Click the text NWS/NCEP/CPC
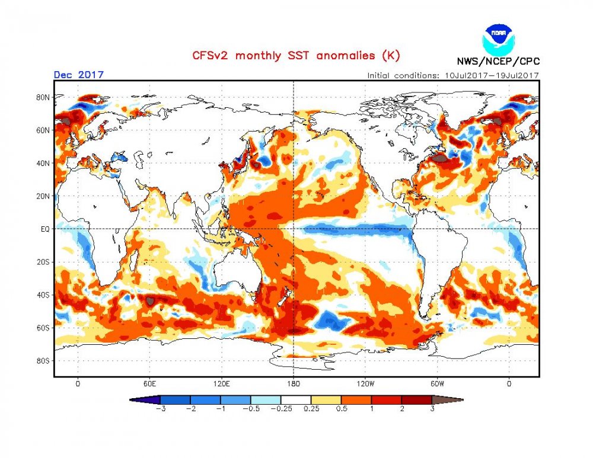tap(498, 61)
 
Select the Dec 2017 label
tap(78, 75)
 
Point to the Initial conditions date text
tap(452, 75)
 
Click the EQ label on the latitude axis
tap(44, 229)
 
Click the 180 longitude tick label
tap(294, 384)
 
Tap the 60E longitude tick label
tap(149, 384)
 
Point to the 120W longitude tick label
tap(365, 384)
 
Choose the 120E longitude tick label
tap(221, 384)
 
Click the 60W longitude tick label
tap(438, 384)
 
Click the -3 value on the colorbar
tap(160, 409)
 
